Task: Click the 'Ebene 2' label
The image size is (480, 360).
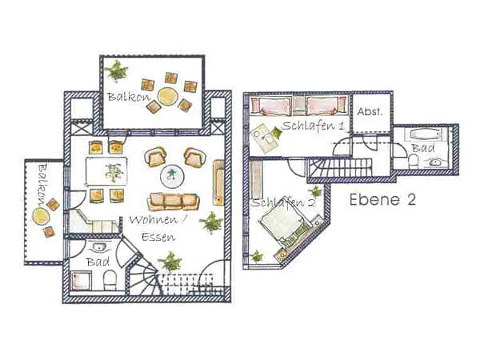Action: [x=382, y=199]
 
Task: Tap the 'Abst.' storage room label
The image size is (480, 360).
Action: [x=370, y=111]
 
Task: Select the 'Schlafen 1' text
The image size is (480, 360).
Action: [x=314, y=126]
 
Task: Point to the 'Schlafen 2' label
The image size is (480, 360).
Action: [x=282, y=202]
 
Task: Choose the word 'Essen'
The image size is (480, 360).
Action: [x=158, y=237]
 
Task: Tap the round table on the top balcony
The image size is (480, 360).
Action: [x=167, y=96]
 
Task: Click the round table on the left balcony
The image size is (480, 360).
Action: [x=41, y=216]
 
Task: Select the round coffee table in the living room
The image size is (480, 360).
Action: [x=172, y=176]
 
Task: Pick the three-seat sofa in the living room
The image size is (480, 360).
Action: [x=174, y=202]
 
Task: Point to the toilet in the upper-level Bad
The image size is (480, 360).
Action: [x=414, y=162]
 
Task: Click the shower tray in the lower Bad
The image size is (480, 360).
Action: [x=82, y=280]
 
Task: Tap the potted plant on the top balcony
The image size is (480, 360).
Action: [x=116, y=71]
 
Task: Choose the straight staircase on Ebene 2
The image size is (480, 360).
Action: [x=339, y=168]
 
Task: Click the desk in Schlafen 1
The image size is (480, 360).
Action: [x=265, y=138]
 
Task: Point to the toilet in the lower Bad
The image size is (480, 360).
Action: [x=110, y=281]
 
